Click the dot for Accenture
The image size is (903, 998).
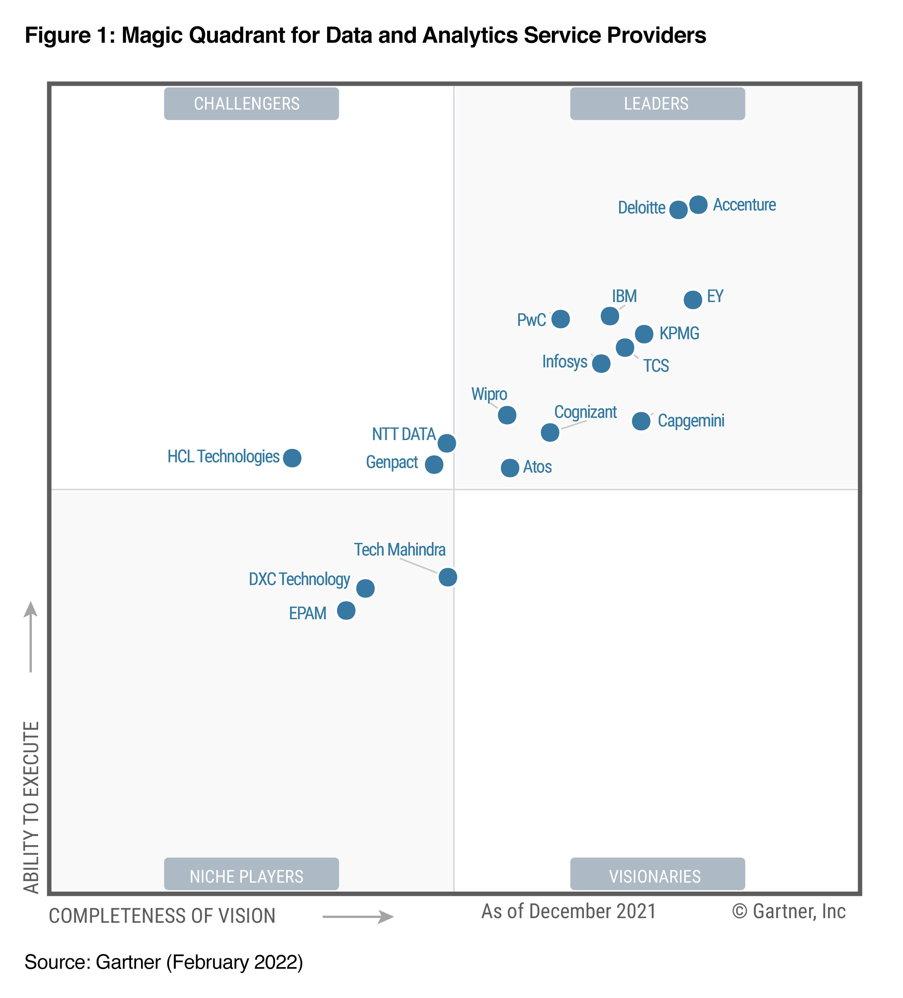[698, 205]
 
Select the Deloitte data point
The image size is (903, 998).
[678, 209]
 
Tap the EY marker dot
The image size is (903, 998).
[693, 299]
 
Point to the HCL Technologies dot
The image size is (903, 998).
[292, 458]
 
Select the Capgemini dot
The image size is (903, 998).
[641, 421]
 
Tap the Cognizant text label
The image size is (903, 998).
[585, 412]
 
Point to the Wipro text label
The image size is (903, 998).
[489, 394]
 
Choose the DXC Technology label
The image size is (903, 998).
[299, 579]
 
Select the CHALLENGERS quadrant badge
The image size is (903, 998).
[251, 104]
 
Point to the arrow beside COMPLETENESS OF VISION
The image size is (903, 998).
[358, 917]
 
